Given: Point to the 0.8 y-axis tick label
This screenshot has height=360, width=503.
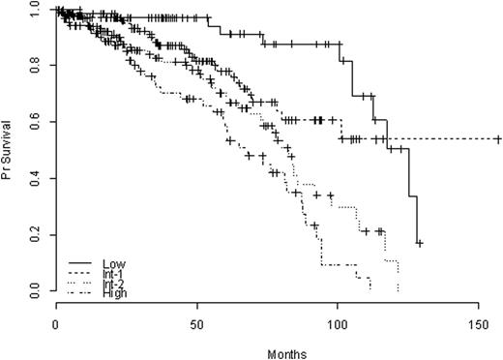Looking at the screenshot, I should coord(34,65).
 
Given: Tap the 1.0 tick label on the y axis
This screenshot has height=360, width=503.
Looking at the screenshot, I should coord(34,9).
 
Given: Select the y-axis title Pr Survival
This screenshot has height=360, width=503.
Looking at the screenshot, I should coord(9,150).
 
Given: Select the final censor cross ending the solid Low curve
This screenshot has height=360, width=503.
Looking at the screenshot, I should coord(419,244).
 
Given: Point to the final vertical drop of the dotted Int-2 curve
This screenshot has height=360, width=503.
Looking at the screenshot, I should coord(398,276).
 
